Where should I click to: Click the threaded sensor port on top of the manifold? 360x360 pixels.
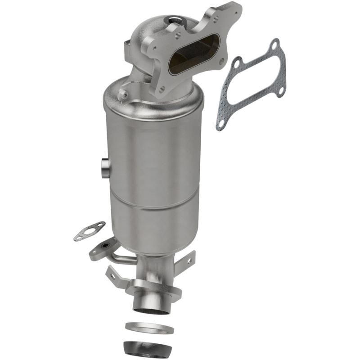click(x=173, y=19)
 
